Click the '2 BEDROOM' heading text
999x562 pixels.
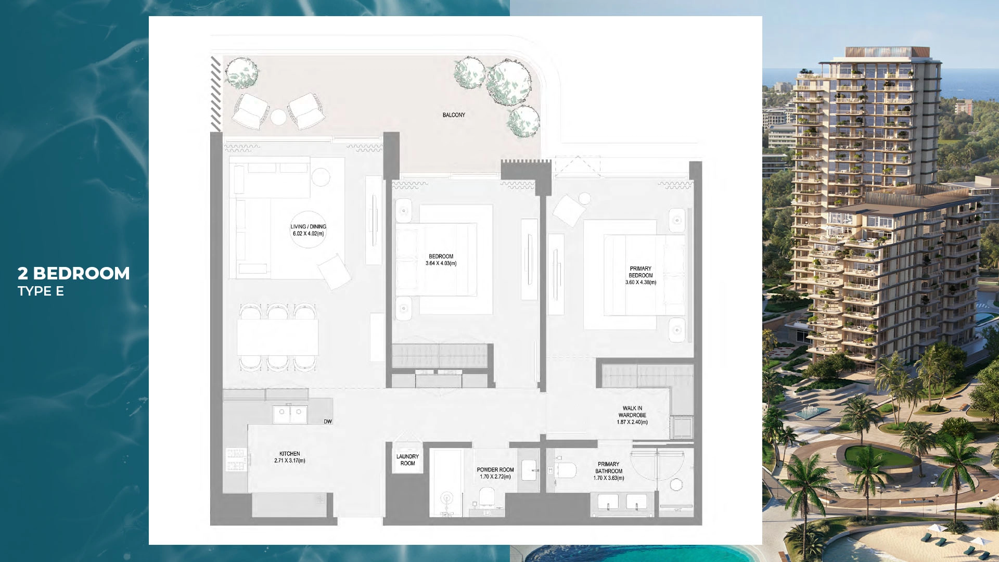point(73,274)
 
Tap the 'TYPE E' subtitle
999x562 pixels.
point(41,291)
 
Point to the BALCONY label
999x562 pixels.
point(454,115)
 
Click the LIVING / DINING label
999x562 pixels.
point(308,226)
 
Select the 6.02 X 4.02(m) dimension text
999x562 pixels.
point(308,234)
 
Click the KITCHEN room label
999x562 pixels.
point(289,454)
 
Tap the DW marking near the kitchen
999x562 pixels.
point(328,421)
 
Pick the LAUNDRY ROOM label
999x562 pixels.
point(407,460)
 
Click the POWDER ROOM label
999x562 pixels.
point(495,470)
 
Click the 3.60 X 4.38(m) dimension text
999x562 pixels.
point(641,283)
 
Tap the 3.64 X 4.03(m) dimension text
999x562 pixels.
point(441,264)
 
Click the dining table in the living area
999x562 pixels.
point(277,337)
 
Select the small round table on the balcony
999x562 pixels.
point(278,117)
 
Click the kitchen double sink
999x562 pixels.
point(290,414)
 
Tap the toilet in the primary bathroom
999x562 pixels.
point(566,470)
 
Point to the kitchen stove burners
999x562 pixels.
point(235,459)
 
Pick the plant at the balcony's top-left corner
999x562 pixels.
point(241,72)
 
